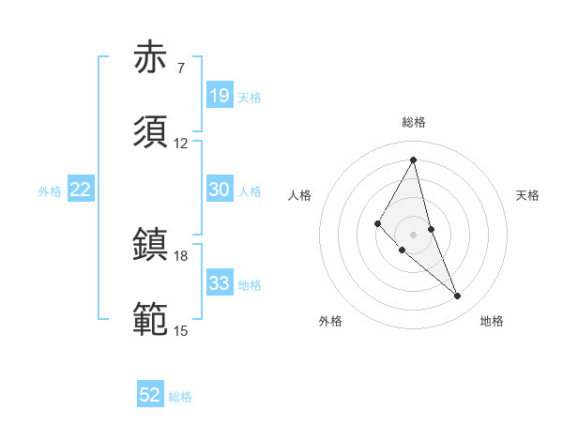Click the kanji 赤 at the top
point(150,58)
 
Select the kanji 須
point(150,132)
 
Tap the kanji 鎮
point(150,246)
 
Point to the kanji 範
point(150,320)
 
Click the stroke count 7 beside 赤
point(180,68)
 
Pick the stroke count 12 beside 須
point(180,144)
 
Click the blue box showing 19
point(220,96)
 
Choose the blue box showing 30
point(220,190)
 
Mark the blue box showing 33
point(220,283)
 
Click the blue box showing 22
point(81,190)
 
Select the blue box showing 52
point(150,395)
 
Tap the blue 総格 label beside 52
point(180,397)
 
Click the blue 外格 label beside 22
point(50,191)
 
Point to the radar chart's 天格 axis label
point(527,195)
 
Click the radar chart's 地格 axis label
point(492,321)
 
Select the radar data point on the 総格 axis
point(413,160)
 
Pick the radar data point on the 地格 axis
point(458,297)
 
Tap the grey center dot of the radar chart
point(413,233)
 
